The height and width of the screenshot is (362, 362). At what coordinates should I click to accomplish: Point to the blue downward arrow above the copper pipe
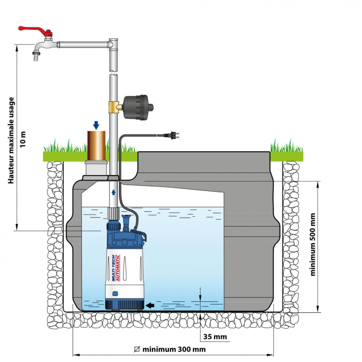96,125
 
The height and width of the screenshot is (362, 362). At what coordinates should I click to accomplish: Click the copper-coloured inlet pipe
96,145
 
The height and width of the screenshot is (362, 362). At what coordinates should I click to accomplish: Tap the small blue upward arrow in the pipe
114,192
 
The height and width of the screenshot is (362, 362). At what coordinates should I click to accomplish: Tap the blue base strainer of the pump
124,302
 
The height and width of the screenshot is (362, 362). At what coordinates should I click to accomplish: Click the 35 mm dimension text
213,337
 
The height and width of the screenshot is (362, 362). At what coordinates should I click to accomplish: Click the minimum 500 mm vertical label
313,244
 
